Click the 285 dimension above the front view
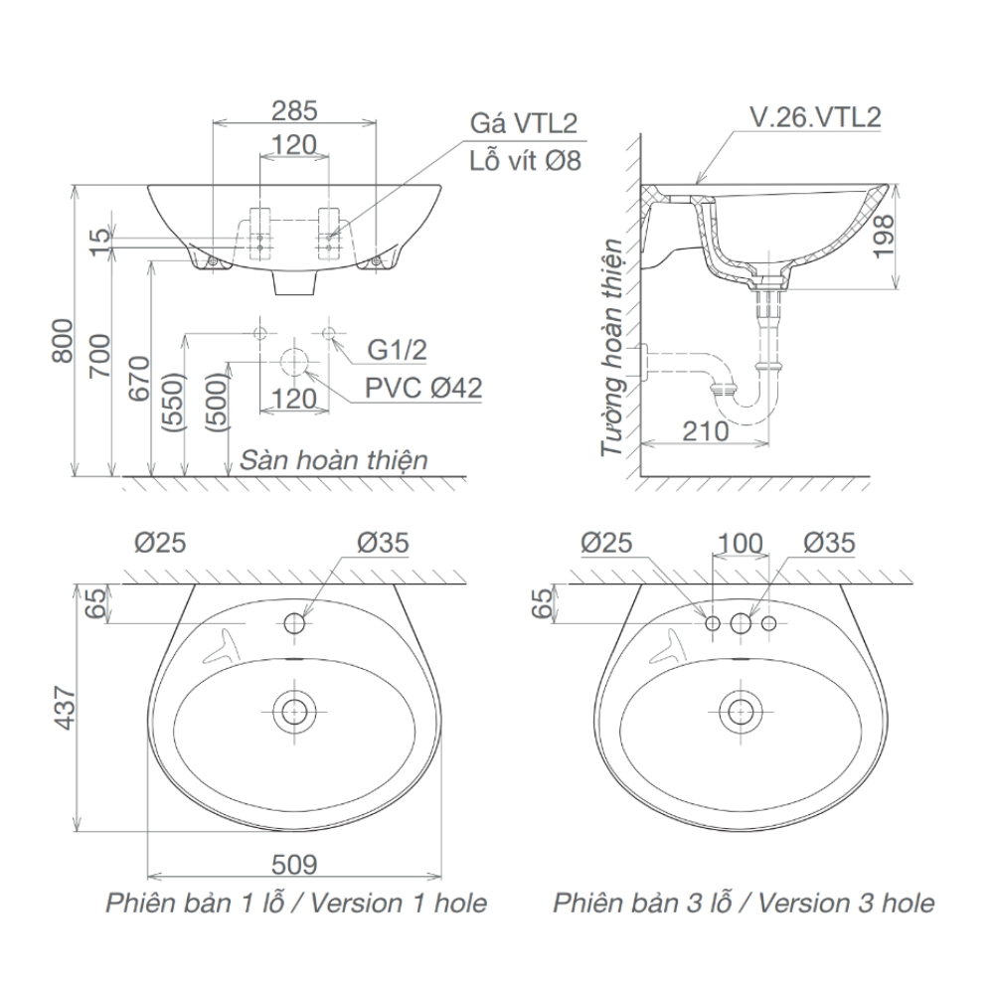pos(294,108)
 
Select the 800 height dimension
pos(62,341)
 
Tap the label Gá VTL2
pos(524,122)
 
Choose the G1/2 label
pos(397,350)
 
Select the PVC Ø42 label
pos(422,388)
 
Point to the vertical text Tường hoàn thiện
pos(612,348)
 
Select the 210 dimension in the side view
pos(706,431)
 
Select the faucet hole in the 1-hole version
pos(294,623)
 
